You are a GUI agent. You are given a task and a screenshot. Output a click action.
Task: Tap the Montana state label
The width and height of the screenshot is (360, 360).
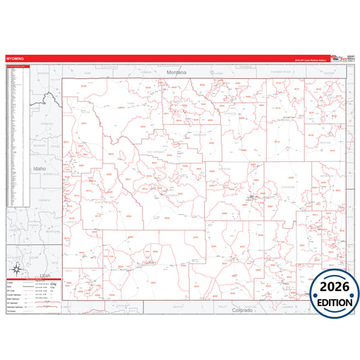coord(176,72)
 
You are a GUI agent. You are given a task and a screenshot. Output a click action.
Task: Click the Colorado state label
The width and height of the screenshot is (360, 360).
coord(241,310)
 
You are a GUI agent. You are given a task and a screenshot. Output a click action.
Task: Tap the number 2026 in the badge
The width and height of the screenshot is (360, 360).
coord(334,288)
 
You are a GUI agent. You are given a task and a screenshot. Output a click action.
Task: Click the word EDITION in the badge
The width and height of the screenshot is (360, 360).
coord(334,303)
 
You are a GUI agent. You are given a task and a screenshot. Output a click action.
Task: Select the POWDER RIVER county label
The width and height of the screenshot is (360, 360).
coord(280,71)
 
